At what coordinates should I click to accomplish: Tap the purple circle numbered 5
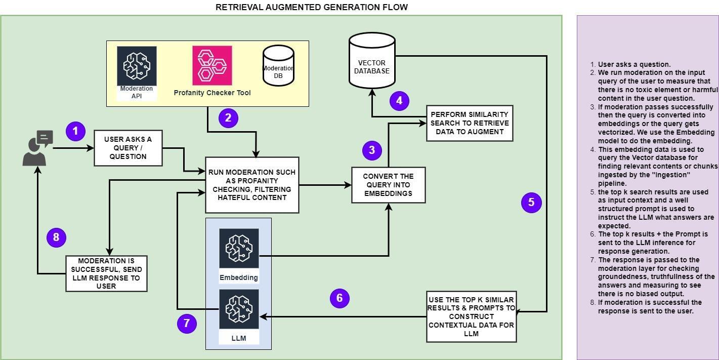pos(531,203)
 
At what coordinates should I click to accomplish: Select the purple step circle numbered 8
pos(56,237)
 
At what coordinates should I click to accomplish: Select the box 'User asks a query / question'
pos(128,148)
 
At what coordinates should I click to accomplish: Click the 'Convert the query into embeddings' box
pos(388,185)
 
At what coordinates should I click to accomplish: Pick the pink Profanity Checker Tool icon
pos(212,65)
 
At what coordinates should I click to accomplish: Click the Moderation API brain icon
pos(137,66)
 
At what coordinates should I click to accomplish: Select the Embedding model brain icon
pos(239,248)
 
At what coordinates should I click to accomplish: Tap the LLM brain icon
pos(239,309)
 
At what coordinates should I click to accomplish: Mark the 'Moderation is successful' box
pos(106,273)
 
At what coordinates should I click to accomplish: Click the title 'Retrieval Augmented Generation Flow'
pos(311,7)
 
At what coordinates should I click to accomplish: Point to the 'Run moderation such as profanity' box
pos(252,185)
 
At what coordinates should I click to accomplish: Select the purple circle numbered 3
pos(372,150)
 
